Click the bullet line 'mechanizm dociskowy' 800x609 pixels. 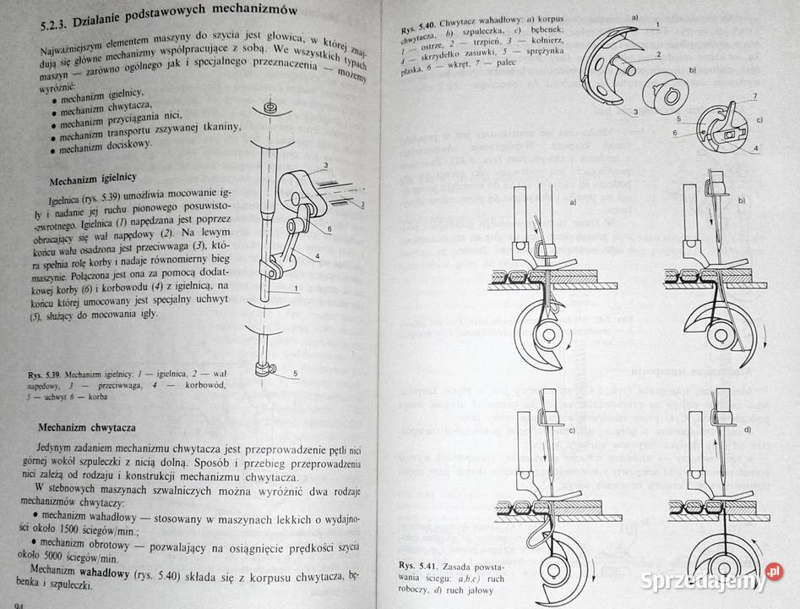coord(106,145)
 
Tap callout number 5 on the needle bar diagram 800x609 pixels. coord(296,373)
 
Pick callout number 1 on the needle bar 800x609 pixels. coord(296,289)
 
